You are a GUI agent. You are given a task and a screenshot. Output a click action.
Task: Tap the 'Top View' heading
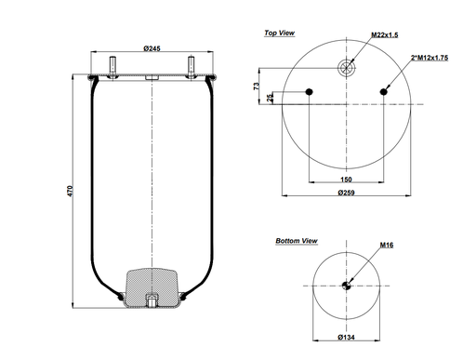280,33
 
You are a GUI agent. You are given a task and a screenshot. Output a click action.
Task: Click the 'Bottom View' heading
297,241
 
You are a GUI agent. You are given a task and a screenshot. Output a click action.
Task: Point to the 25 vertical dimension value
271,99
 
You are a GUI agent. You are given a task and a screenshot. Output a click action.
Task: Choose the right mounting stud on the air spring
191,66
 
